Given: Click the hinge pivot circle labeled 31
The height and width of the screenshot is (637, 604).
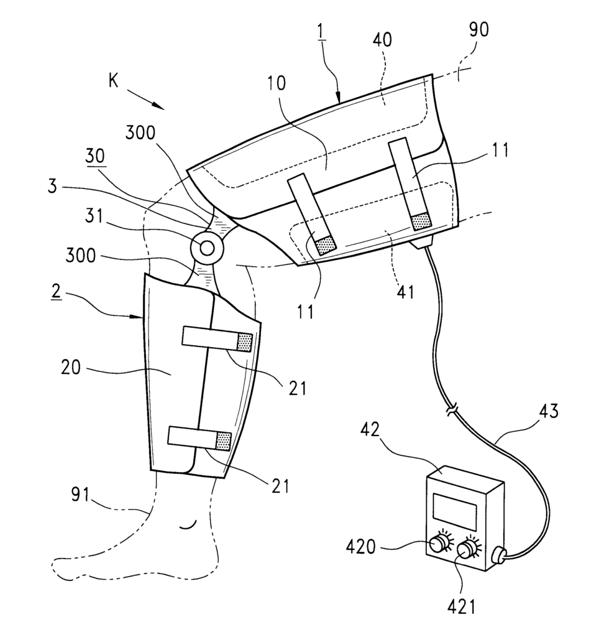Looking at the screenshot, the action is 206,246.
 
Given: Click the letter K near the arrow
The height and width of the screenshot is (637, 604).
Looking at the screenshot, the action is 113,81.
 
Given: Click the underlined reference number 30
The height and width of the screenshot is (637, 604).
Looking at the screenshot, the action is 95,156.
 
